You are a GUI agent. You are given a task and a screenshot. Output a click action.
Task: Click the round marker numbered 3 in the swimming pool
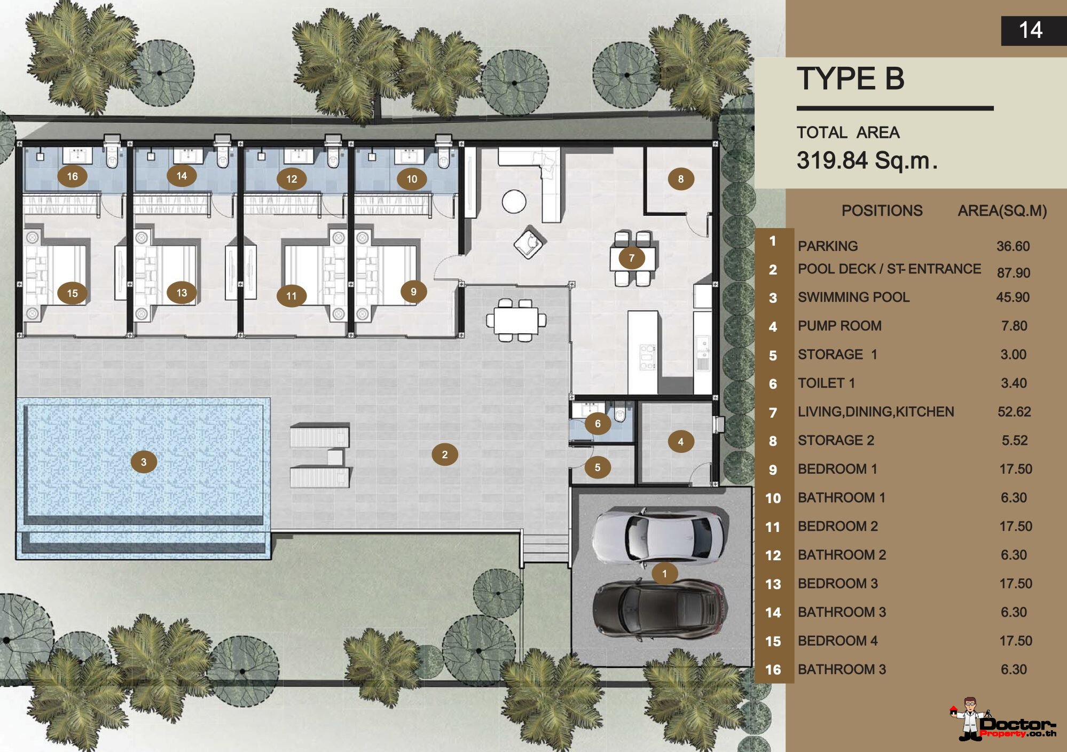pyautogui.click(x=144, y=462)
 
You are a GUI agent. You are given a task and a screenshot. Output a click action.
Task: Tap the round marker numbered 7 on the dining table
pyautogui.click(x=631, y=258)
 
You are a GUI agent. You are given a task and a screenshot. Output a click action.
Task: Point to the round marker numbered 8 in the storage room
pyautogui.click(x=681, y=179)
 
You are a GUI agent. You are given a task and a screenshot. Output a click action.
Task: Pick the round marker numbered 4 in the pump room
pyautogui.click(x=680, y=442)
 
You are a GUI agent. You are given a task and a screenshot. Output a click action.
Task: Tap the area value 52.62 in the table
pyautogui.click(x=1014, y=412)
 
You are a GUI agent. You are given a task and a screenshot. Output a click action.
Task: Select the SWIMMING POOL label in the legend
pyautogui.click(x=853, y=297)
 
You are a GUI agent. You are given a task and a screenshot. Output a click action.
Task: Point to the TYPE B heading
pyautogui.click(x=851, y=79)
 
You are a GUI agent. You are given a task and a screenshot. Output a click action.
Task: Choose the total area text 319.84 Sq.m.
pyautogui.click(x=867, y=160)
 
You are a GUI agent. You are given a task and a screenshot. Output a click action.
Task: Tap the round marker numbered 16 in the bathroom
pyautogui.click(x=72, y=176)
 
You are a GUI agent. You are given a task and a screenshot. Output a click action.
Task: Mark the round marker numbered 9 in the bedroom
pyautogui.click(x=413, y=292)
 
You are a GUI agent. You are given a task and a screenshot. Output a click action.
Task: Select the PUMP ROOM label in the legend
pyautogui.click(x=840, y=326)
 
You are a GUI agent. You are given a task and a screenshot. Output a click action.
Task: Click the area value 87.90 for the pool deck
pyautogui.click(x=1013, y=273)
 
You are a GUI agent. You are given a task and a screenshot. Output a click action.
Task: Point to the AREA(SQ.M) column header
pyautogui.click(x=1002, y=210)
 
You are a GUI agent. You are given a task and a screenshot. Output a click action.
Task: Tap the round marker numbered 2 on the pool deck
pyautogui.click(x=445, y=455)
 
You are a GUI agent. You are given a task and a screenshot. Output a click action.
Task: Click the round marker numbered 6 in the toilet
pyautogui.click(x=598, y=424)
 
